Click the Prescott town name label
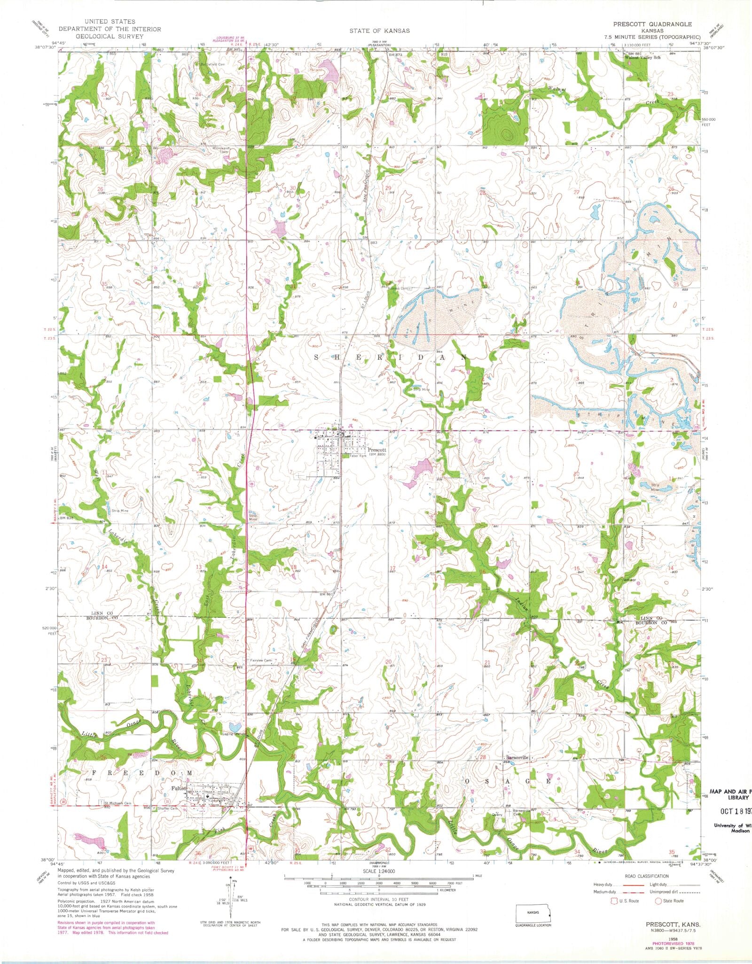(x=377, y=450)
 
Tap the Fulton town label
(x=179, y=788)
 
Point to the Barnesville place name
(x=517, y=771)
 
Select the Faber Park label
(x=356, y=456)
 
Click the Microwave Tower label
(x=220, y=149)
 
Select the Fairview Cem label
(x=261, y=661)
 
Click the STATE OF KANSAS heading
(x=379, y=31)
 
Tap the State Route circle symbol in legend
(x=658, y=901)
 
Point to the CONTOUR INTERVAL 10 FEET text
(x=379, y=900)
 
